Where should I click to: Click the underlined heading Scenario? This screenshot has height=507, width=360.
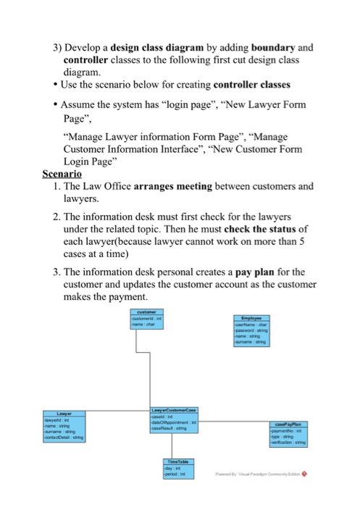click(x=62, y=175)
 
